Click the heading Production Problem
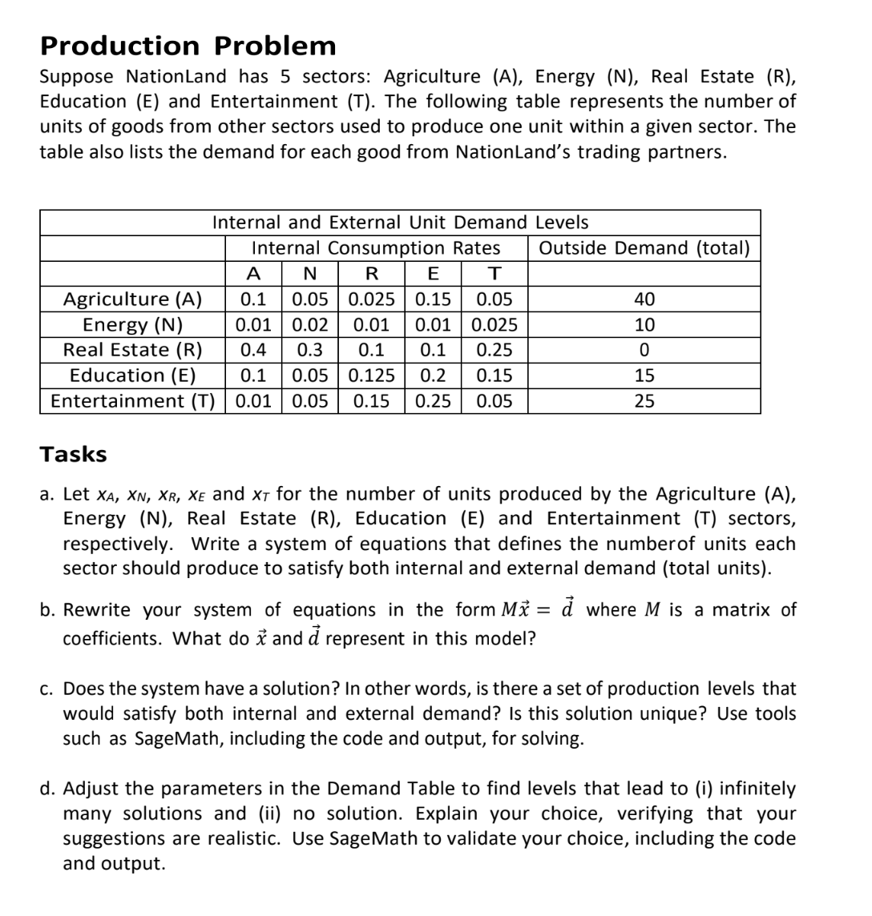(188, 46)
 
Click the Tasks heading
(73, 454)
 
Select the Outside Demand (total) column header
(644, 248)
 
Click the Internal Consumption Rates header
(376, 248)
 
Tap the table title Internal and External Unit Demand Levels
(400, 223)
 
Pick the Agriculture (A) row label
(133, 299)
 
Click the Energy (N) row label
(133, 325)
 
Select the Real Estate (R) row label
(133, 350)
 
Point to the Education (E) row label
(133, 376)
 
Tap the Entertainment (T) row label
(133, 400)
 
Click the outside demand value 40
(644, 299)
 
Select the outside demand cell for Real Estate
(644, 350)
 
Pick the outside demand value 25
(644, 400)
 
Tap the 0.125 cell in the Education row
(372, 376)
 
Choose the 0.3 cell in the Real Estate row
(309, 350)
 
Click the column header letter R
(372, 274)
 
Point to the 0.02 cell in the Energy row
(309, 325)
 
